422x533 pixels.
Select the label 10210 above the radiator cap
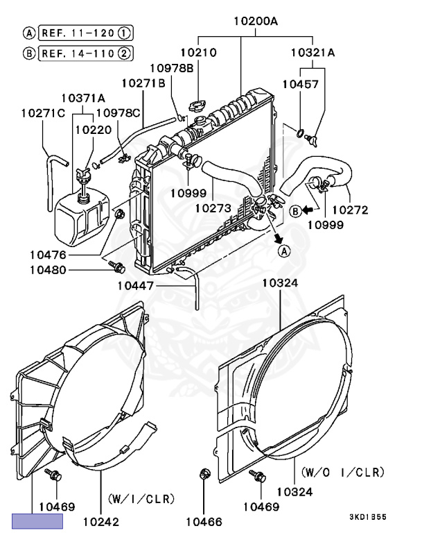coord(199,52)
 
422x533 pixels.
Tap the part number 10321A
coord(312,52)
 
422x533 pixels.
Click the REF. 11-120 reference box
coord(86,33)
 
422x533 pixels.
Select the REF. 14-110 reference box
coord(86,53)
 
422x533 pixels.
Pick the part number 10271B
coord(143,83)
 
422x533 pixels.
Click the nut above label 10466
coord(204,475)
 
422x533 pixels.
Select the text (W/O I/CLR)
coord(342,472)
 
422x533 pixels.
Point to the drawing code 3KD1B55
coord(368,517)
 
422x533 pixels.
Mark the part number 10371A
coord(83,98)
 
